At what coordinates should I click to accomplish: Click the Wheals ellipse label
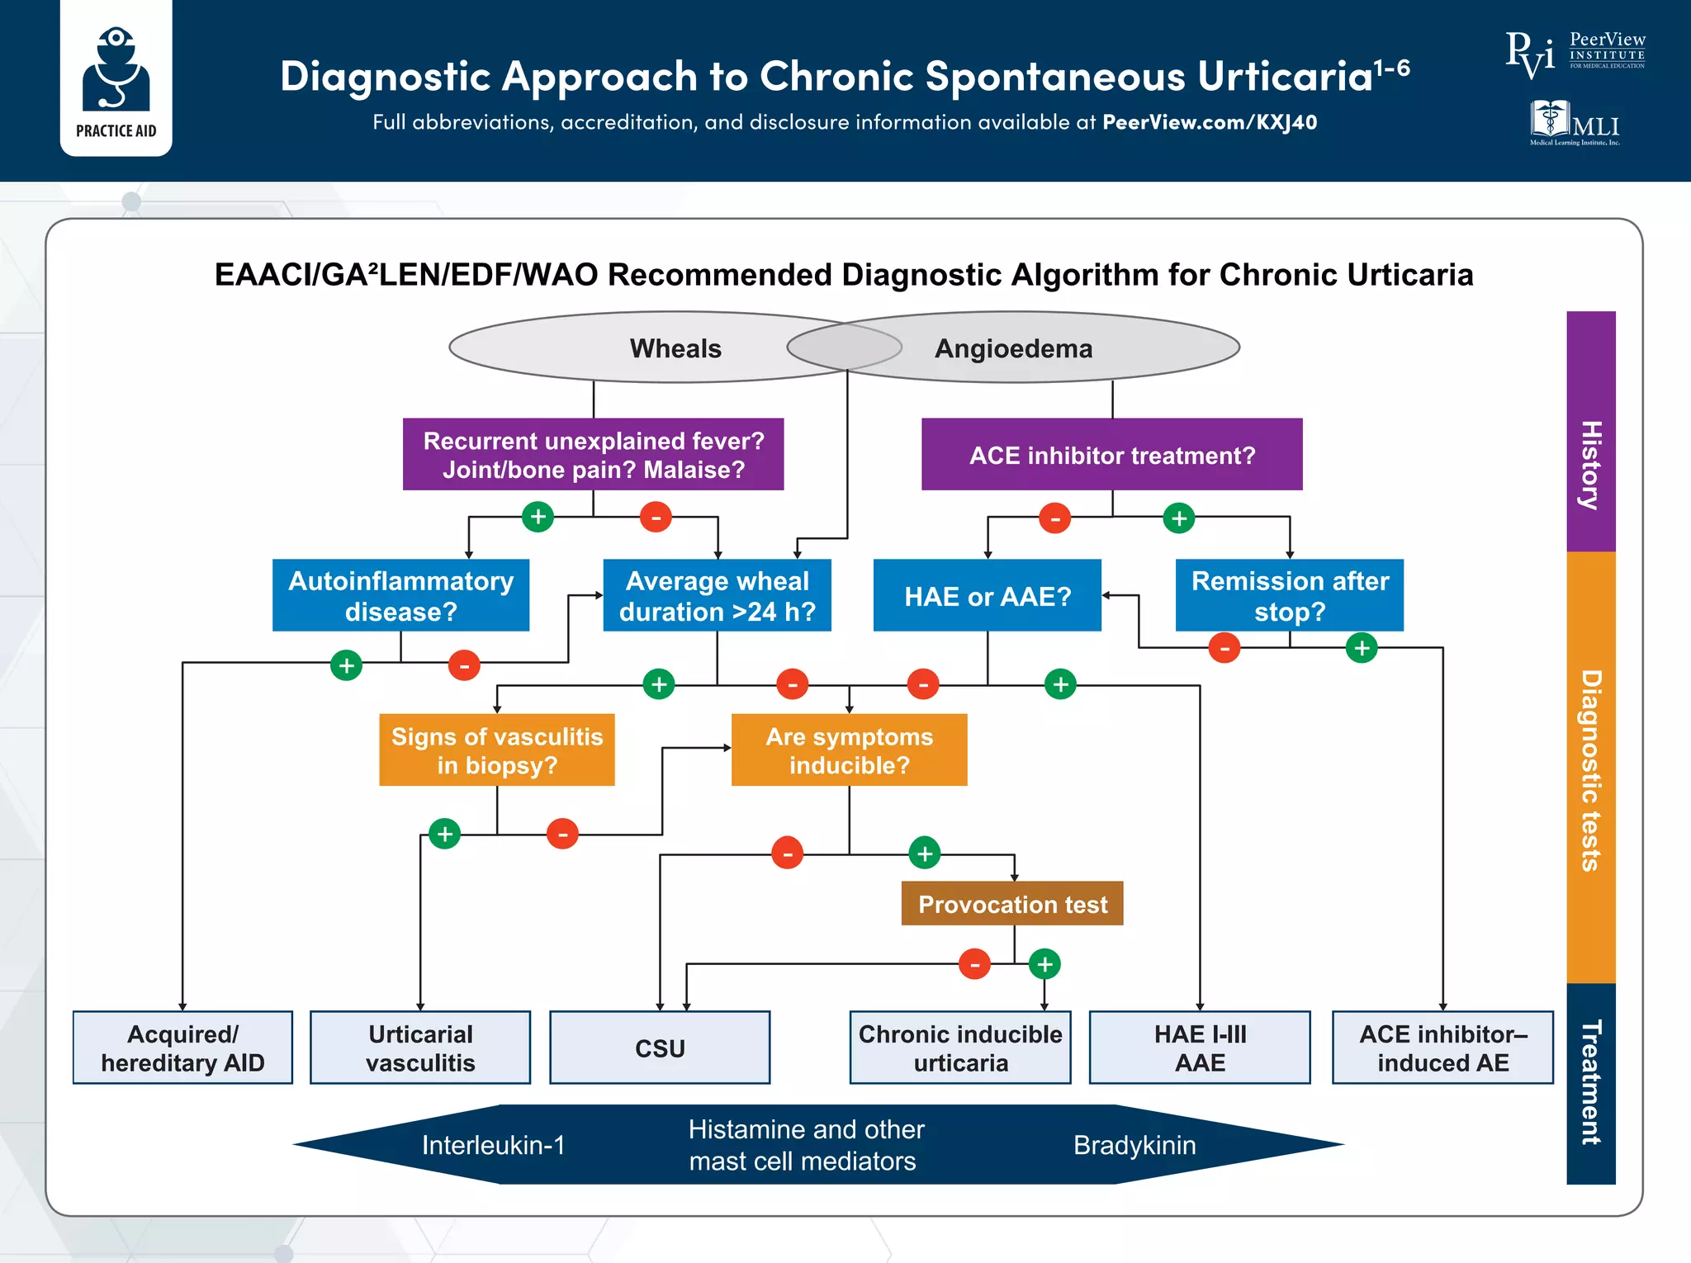click(x=675, y=348)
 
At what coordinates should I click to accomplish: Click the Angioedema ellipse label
click(x=1013, y=348)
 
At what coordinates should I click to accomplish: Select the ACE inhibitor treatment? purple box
click(x=1111, y=455)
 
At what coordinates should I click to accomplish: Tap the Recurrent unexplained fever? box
click(x=593, y=455)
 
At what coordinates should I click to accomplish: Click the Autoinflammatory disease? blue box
click(x=400, y=595)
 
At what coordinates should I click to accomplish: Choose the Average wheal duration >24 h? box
click(x=717, y=595)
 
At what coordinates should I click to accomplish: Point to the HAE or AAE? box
click(x=987, y=595)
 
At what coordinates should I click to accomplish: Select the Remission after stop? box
click(x=1289, y=595)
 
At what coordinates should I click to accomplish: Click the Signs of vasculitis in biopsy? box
click(x=496, y=750)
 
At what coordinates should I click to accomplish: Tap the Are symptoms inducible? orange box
click(x=849, y=750)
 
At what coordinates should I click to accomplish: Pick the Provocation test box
click(x=1011, y=904)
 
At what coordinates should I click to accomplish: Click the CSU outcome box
click(x=660, y=1048)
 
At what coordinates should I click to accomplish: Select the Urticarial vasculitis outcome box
click(x=420, y=1048)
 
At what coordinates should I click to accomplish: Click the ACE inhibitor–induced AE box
click(x=1442, y=1048)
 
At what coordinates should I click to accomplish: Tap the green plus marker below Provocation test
click(x=1044, y=963)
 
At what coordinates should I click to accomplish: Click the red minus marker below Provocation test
click(x=974, y=963)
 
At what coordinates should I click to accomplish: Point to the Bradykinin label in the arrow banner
click(x=1134, y=1145)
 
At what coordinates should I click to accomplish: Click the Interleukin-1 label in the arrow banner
click(x=493, y=1145)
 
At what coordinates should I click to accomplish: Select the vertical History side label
click(x=1590, y=465)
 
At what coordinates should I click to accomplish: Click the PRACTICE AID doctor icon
click(x=116, y=70)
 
